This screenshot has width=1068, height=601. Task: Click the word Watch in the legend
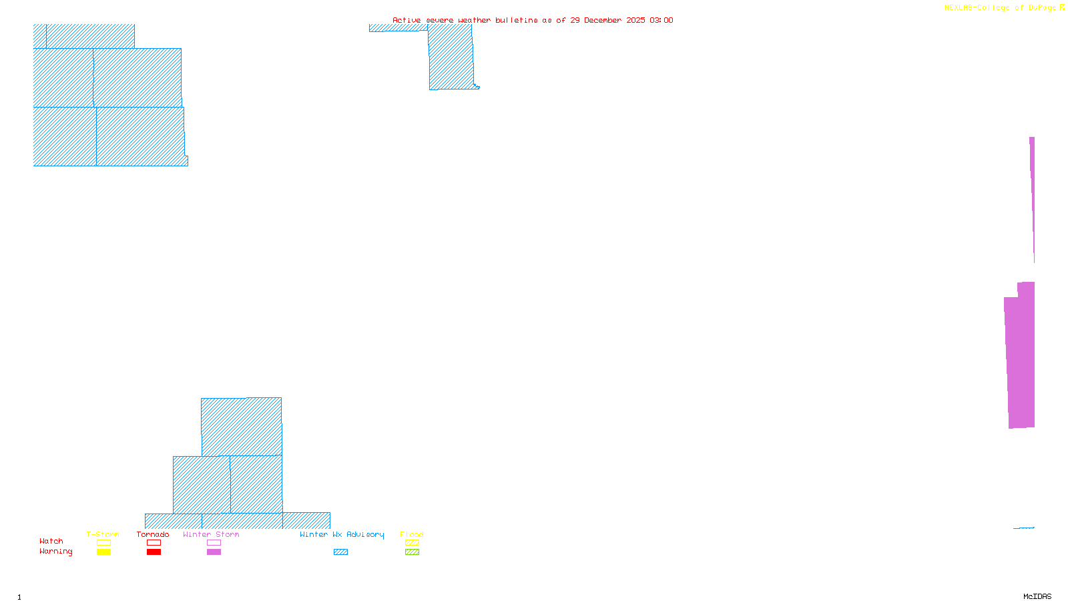(51, 542)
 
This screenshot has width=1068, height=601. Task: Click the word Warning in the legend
(56, 552)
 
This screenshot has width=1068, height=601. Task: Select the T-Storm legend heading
(103, 534)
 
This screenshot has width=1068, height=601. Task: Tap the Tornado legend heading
(153, 534)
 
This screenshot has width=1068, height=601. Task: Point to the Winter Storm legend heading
(211, 534)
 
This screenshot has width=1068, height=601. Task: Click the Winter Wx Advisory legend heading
(342, 534)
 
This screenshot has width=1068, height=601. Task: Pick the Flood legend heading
(412, 534)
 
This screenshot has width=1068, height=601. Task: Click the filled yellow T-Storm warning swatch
(103, 552)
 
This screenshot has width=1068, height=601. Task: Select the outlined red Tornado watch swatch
(154, 543)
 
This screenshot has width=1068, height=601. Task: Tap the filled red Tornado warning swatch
(154, 552)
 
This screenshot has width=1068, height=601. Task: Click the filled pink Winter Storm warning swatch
(214, 552)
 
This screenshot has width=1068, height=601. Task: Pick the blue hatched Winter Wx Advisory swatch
(340, 552)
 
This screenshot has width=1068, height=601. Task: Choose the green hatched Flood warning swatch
(412, 552)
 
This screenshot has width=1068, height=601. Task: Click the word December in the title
(603, 20)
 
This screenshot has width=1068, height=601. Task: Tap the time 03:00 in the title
(661, 20)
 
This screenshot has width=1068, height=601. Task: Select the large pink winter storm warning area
(1021, 361)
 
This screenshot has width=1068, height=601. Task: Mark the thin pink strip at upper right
(1032, 194)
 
